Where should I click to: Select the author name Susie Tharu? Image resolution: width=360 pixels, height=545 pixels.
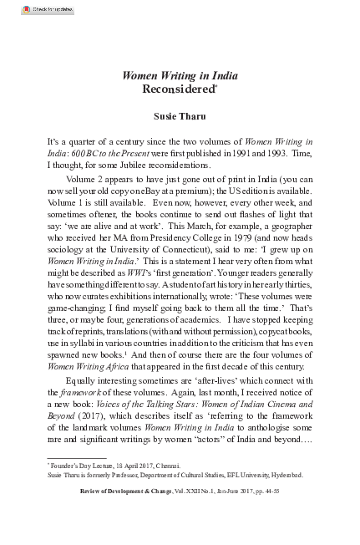(180, 115)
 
